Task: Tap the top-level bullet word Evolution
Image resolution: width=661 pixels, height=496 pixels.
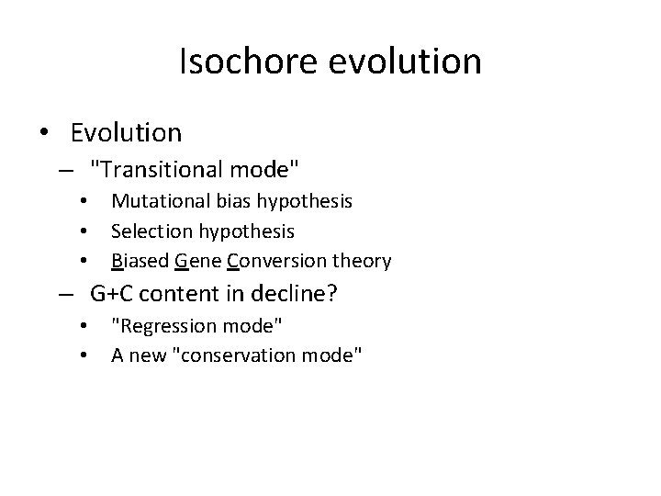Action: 126,133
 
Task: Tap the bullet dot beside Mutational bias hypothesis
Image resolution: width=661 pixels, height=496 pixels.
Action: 84,201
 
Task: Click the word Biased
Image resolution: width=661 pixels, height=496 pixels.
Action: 140,261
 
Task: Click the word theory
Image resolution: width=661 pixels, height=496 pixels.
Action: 363,261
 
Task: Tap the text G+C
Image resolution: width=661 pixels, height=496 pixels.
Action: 112,295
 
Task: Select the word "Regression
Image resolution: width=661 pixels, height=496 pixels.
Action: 172,326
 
